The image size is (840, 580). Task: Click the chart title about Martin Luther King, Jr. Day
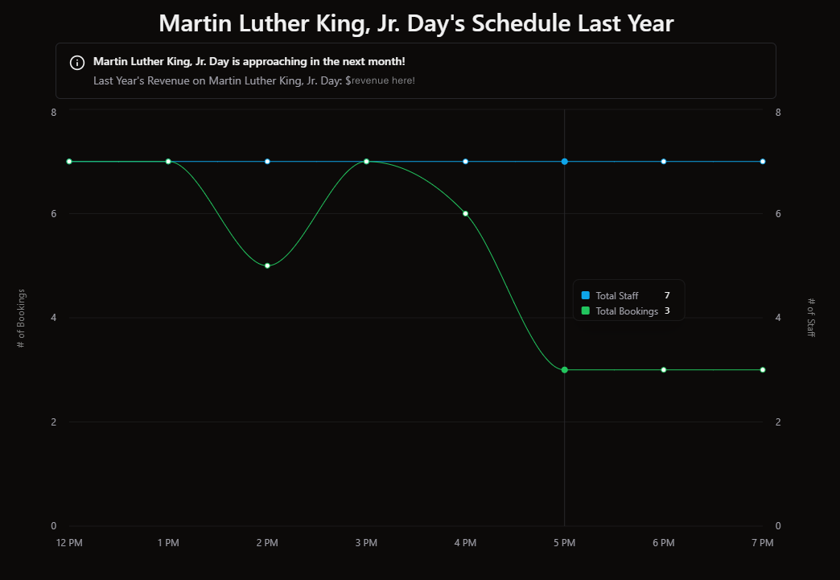416,23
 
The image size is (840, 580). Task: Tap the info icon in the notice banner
77,63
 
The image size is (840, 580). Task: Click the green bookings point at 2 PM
267,265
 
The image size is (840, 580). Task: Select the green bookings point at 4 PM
465,213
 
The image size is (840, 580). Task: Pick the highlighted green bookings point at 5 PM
565,370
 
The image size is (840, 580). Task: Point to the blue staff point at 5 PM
565,162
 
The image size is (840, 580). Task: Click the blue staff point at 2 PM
267,162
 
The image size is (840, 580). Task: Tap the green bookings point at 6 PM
664,370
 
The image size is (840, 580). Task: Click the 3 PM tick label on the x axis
366,543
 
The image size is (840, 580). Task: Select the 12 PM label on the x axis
69,543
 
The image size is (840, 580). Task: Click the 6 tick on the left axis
54,213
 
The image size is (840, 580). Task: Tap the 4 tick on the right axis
778,318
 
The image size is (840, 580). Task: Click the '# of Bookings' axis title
22,318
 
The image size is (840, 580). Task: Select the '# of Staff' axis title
811,318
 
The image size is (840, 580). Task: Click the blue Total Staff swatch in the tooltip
585,296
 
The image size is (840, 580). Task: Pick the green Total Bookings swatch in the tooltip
585,311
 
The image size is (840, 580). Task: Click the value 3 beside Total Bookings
667,311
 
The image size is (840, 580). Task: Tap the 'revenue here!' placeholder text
383,80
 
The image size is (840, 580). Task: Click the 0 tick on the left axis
54,526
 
